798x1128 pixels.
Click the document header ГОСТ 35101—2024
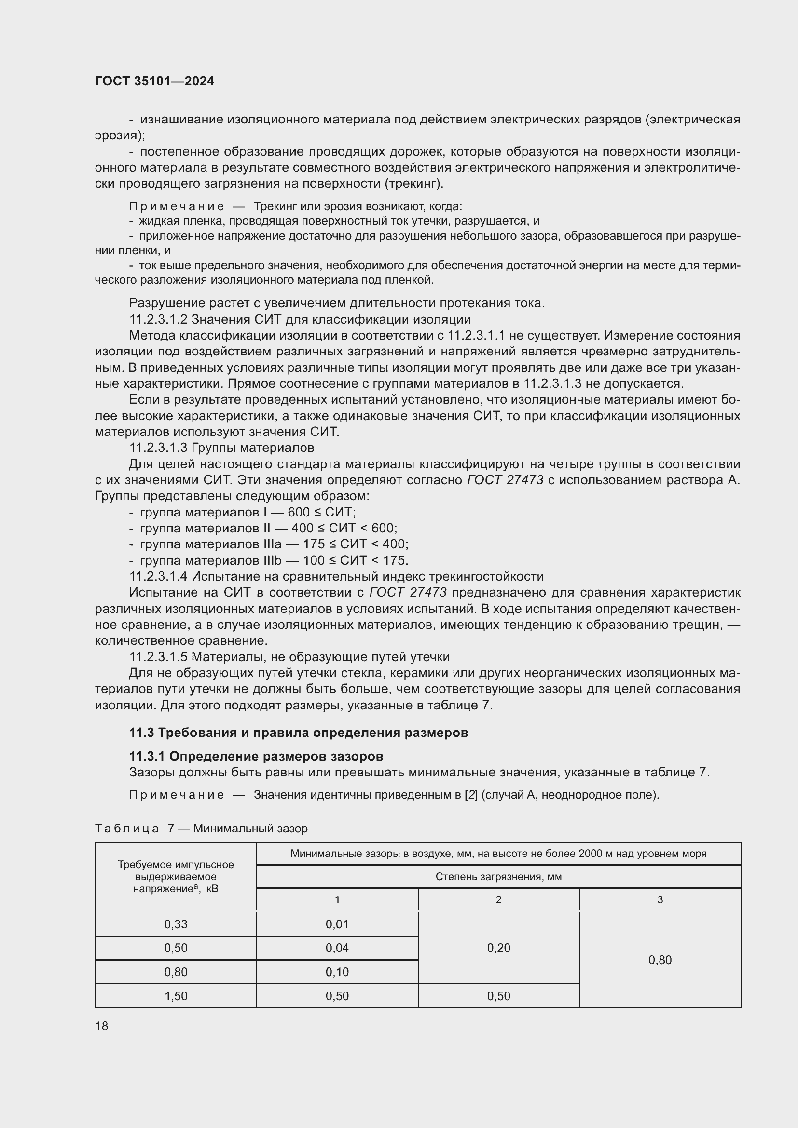[154, 82]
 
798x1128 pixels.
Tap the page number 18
[102, 1026]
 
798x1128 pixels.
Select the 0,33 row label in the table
[176, 924]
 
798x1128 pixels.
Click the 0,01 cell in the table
[337, 924]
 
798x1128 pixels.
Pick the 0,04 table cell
[337, 948]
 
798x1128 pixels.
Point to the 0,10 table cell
[337, 972]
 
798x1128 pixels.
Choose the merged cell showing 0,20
[498, 948]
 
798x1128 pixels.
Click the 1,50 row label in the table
[176, 996]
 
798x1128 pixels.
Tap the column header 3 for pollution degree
[660, 899]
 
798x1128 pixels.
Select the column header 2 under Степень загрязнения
[498, 899]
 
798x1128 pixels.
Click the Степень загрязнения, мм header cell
[498, 876]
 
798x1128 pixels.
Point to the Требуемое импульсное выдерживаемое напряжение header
[176, 876]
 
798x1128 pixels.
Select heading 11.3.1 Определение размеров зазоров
[256, 756]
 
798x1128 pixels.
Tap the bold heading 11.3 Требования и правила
[298, 733]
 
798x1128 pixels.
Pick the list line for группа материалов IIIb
[274, 560]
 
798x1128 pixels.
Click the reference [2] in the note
[471, 794]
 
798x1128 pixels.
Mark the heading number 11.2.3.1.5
[158, 657]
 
